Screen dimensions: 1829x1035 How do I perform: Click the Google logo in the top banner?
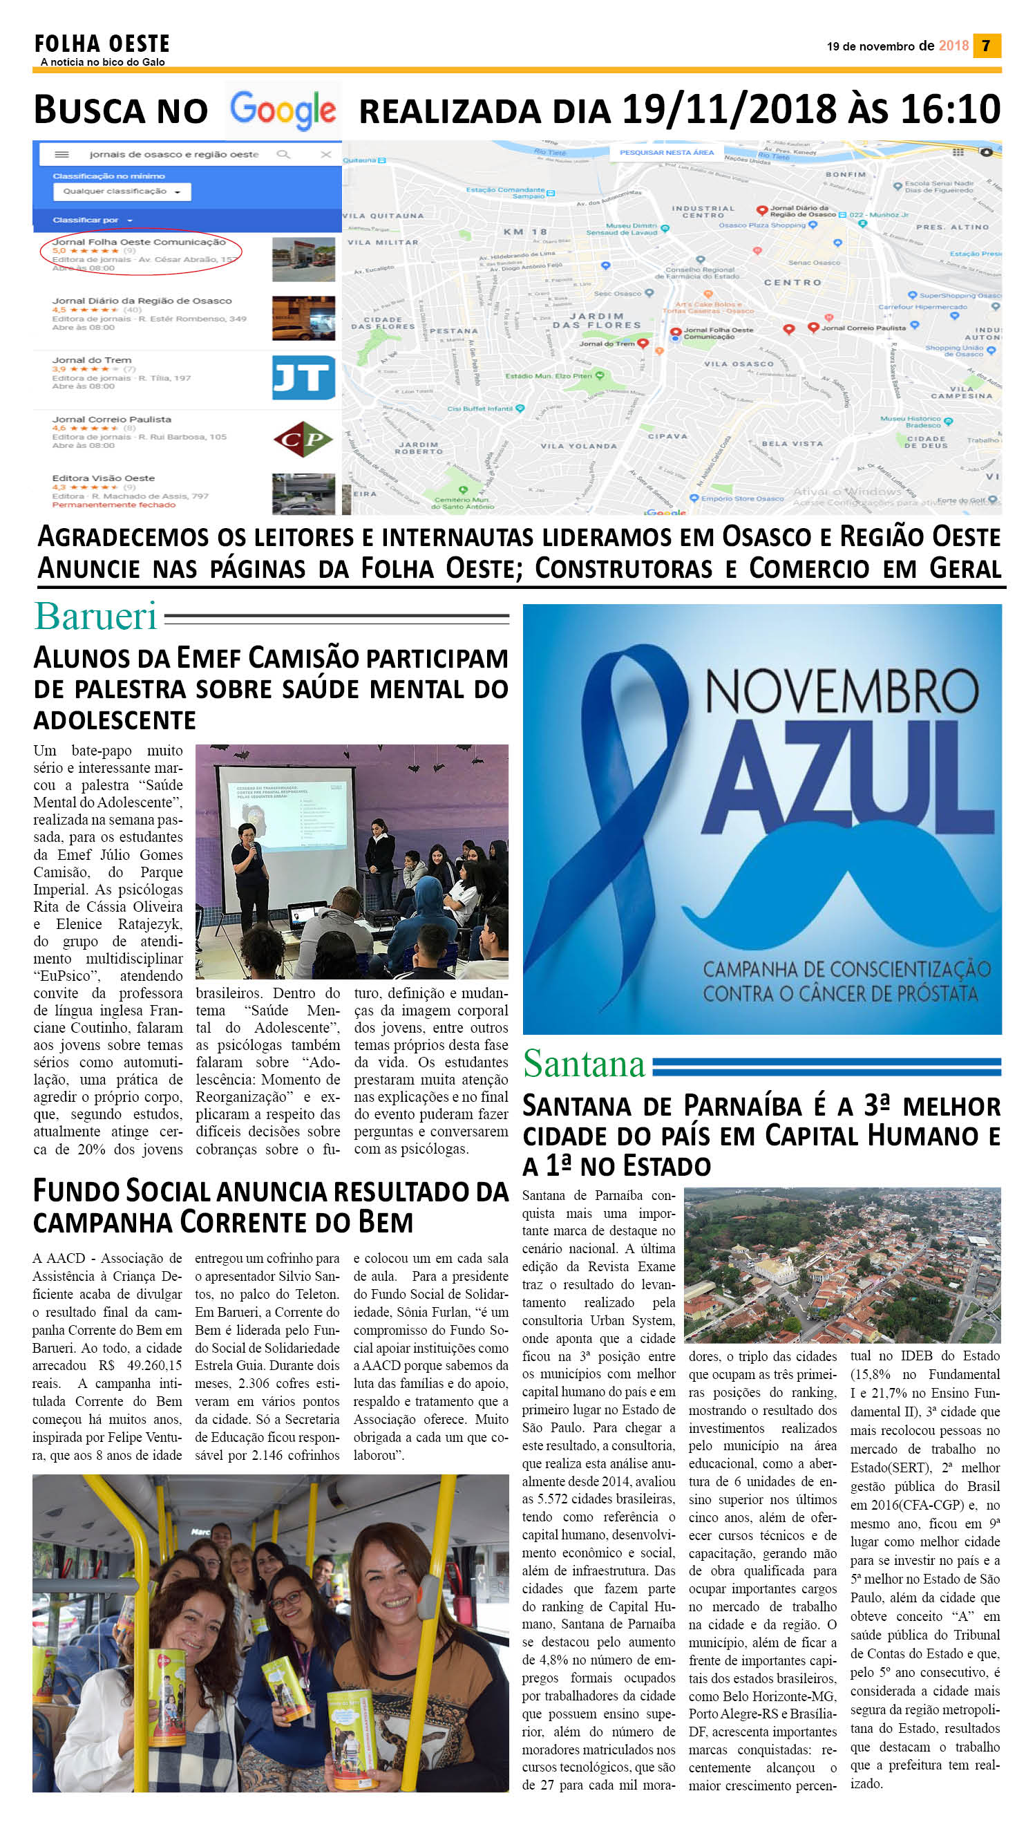tap(283, 110)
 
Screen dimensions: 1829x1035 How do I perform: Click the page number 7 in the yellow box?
tap(986, 46)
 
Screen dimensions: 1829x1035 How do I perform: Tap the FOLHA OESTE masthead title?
tap(102, 44)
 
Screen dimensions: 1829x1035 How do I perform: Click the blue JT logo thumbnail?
tap(303, 377)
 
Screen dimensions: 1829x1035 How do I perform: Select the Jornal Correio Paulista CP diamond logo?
tap(303, 439)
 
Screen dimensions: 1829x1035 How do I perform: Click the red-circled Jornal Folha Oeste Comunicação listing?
tap(141, 251)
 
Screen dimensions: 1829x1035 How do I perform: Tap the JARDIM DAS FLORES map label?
tap(597, 321)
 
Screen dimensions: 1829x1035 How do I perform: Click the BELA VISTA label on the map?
tap(792, 444)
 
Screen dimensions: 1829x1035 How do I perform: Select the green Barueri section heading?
tap(95, 617)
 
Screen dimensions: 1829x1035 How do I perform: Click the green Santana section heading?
tap(584, 1064)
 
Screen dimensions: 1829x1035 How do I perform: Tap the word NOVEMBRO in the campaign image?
tap(841, 692)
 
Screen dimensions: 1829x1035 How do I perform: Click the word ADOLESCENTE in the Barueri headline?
tap(115, 720)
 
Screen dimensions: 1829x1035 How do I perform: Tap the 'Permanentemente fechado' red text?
tap(113, 505)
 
